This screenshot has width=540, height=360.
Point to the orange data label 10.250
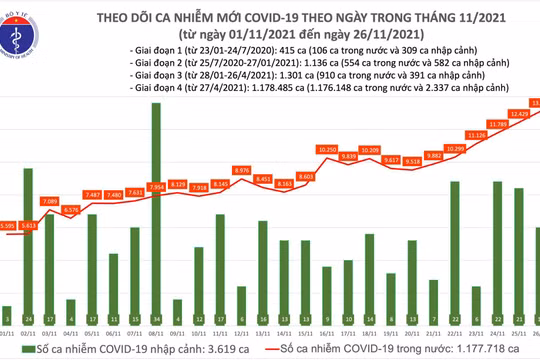click(328, 149)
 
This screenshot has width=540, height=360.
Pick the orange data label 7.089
click(50, 201)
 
